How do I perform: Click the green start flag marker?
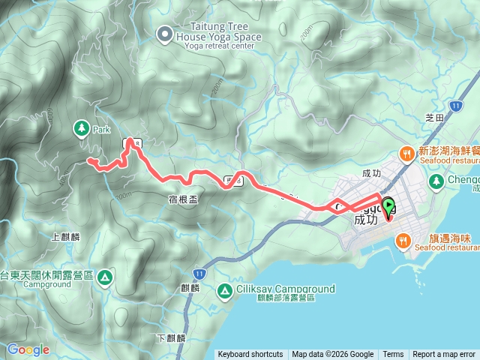click(388, 204)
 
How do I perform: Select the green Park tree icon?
click(81, 128)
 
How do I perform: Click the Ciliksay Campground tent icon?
click(224, 290)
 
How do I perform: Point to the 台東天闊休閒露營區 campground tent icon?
click(105, 277)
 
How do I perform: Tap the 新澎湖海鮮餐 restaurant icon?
click(406, 154)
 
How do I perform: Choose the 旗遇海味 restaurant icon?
click(404, 240)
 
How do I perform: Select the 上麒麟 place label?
click(64, 237)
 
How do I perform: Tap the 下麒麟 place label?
click(172, 338)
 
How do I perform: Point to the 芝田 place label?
click(435, 118)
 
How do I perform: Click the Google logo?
click(28, 349)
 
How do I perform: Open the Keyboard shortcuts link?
click(250, 355)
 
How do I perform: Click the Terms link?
click(393, 355)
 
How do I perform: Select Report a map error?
click(444, 355)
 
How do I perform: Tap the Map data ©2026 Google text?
click(332, 355)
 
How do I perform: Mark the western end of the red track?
click(88, 160)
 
